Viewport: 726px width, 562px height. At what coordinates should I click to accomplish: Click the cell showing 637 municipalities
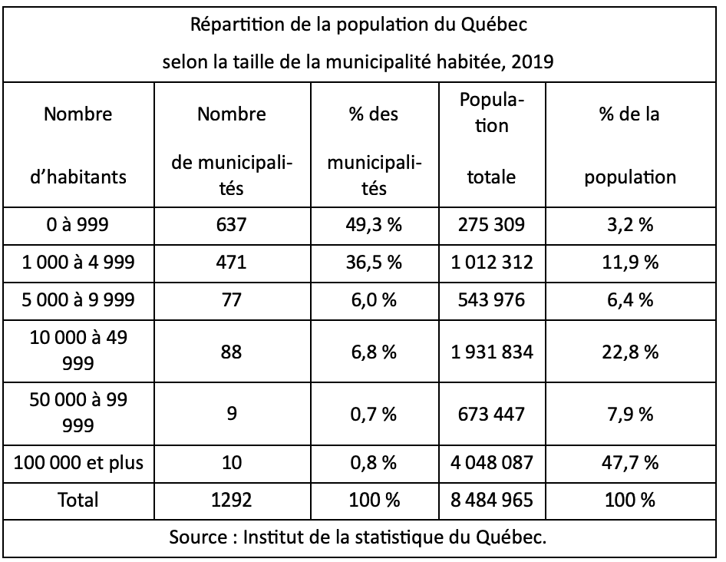click(x=231, y=225)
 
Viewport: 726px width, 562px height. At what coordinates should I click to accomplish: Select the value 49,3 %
click(x=374, y=225)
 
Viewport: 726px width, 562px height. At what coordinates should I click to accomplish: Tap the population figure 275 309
click(x=491, y=225)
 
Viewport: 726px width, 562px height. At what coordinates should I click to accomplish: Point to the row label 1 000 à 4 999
click(x=78, y=263)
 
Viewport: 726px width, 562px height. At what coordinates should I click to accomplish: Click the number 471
click(x=231, y=263)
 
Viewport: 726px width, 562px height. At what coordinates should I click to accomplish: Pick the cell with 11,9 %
click(x=630, y=263)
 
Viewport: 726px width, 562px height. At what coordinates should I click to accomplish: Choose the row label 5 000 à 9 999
click(x=78, y=299)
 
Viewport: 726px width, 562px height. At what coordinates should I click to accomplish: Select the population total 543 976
click(x=491, y=299)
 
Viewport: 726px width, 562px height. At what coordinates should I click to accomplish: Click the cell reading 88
click(x=231, y=352)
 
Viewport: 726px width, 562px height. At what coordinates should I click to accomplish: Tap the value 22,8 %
click(x=630, y=352)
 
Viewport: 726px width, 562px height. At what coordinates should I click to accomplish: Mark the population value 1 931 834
click(x=492, y=352)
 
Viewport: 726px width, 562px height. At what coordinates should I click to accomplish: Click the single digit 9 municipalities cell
click(x=232, y=413)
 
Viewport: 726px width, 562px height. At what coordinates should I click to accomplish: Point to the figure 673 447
click(x=491, y=414)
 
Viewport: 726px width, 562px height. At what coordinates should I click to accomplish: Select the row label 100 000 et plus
click(x=78, y=462)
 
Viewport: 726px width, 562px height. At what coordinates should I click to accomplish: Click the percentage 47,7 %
click(x=630, y=462)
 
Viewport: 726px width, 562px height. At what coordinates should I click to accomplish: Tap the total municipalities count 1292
click(x=231, y=500)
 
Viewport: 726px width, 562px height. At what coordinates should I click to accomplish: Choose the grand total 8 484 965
click(x=492, y=500)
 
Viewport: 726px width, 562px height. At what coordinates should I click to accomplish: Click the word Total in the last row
click(x=78, y=500)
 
